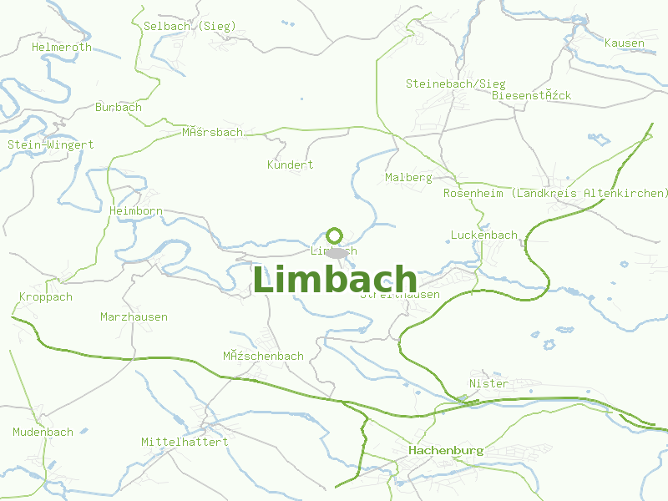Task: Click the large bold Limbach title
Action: tap(335, 279)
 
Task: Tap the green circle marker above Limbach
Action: tap(335, 235)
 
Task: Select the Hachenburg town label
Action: tap(446, 450)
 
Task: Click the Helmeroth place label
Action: tap(62, 48)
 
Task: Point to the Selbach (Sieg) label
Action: tap(190, 27)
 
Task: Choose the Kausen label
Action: tap(624, 43)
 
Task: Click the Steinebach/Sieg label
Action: tap(456, 83)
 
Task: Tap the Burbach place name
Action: tap(119, 108)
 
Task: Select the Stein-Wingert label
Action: tap(51, 144)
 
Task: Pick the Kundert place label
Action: tap(291, 164)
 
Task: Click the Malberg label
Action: tap(408, 178)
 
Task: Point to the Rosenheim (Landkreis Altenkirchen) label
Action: tap(556, 193)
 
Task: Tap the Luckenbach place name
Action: tap(483, 235)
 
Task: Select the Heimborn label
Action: tap(136, 211)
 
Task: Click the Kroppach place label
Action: tap(46, 296)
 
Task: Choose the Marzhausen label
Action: tap(134, 316)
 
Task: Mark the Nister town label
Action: tap(488, 383)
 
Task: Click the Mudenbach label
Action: tap(43, 433)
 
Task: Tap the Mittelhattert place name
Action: tap(185, 441)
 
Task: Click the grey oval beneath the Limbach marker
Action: tap(337, 252)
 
